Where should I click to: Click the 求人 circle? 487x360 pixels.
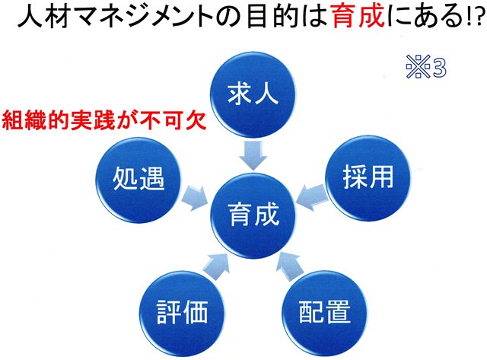253,94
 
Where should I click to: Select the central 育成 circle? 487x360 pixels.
253,215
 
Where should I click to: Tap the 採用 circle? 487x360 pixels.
368,178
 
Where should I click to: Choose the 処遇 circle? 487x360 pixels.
138,180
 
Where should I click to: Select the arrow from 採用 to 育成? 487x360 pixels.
311,197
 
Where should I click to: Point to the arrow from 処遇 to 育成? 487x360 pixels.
194,198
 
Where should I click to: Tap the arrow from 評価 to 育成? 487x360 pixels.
216,263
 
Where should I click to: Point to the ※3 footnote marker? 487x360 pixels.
426,66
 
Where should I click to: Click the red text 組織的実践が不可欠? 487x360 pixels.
104,120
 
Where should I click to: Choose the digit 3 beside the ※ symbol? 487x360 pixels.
439,67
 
